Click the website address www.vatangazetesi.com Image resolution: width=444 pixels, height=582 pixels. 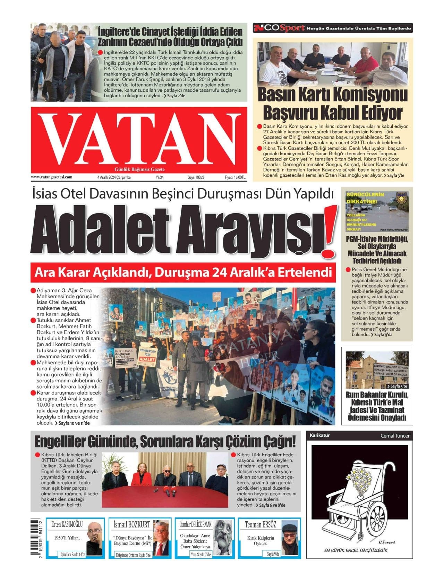click(52, 177)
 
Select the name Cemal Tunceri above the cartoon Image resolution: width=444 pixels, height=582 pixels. click(395, 435)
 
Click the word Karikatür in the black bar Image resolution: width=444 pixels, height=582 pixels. click(319, 435)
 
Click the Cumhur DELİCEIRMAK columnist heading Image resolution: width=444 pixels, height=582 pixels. click(195, 524)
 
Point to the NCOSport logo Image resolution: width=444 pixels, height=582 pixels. click(279, 28)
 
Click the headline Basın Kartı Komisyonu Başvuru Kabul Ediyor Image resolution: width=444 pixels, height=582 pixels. click(333, 103)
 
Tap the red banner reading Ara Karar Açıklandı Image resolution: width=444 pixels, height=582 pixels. click(183, 272)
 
